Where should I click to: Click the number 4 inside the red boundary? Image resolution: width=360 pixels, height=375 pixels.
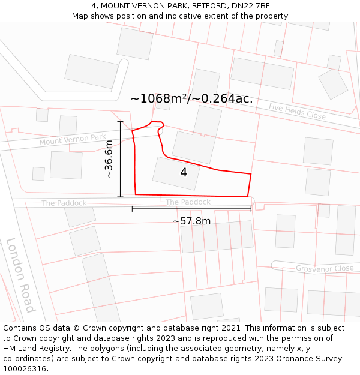coord(184,173)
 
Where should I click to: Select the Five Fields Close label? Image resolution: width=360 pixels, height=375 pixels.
coord(297,111)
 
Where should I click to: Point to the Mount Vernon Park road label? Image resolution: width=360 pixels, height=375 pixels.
coord(73,140)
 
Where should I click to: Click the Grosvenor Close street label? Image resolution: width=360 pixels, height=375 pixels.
coord(325,268)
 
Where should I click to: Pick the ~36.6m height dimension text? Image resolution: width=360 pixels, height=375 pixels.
coord(109,159)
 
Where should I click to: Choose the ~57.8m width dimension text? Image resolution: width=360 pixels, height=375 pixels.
coord(191,221)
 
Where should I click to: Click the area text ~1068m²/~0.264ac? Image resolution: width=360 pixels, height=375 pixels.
coord(191,98)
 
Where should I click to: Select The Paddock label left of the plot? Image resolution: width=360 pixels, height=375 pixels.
coord(64,203)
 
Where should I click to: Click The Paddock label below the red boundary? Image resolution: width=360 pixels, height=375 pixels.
coord(188,202)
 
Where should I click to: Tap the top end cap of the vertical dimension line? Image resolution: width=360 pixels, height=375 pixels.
coord(120,122)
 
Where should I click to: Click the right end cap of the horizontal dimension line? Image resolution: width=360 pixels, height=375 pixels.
coord(251,209)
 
